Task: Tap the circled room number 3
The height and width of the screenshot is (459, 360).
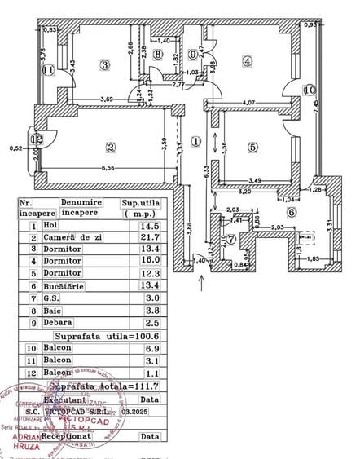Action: pos(104,64)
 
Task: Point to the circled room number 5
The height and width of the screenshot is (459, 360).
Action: pos(253,148)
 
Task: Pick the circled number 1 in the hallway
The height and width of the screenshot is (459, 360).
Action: pos(195,140)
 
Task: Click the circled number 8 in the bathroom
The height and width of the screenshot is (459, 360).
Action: pos(158,55)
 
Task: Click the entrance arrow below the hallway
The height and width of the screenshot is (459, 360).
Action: pos(202,283)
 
